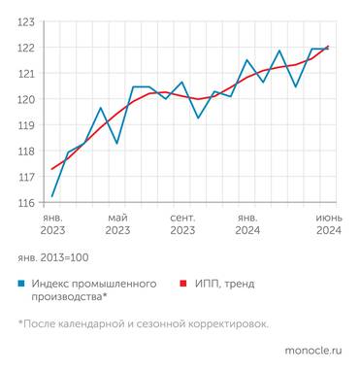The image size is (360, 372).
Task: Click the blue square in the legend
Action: click(21, 284)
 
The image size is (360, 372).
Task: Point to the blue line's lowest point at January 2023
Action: click(51, 197)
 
